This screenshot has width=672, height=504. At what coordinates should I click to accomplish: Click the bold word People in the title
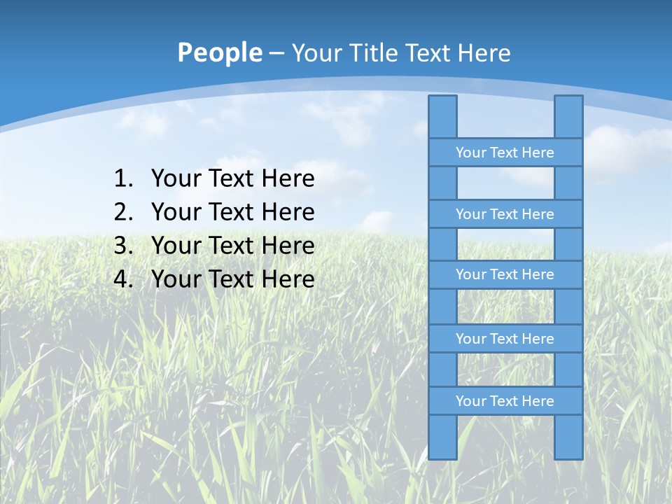(x=219, y=52)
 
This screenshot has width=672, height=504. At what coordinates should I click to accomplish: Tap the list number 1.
(x=122, y=179)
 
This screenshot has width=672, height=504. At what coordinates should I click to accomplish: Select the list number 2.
(x=122, y=212)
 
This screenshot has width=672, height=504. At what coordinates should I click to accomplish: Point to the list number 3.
(x=122, y=246)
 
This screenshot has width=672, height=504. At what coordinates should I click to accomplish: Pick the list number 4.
(x=122, y=279)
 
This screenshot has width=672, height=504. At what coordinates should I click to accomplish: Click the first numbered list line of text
(x=232, y=179)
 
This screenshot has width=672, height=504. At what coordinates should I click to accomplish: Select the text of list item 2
(x=232, y=212)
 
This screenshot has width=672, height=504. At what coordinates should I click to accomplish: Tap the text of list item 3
(x=232, y=246)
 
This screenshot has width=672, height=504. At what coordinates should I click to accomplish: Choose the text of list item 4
(x=232, y=279)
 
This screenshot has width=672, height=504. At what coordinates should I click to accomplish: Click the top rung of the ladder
(x=505, y=153)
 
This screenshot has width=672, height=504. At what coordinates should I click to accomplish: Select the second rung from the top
(x=505, y=214)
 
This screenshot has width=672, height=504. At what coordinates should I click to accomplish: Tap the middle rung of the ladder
(x=505, y=274)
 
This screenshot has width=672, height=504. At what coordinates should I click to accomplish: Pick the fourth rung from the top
(x=505, y=339)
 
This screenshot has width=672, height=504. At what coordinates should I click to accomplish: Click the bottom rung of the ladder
(x=505, y=401)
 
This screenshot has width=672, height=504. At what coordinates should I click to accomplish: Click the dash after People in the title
(x=276, y=53)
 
